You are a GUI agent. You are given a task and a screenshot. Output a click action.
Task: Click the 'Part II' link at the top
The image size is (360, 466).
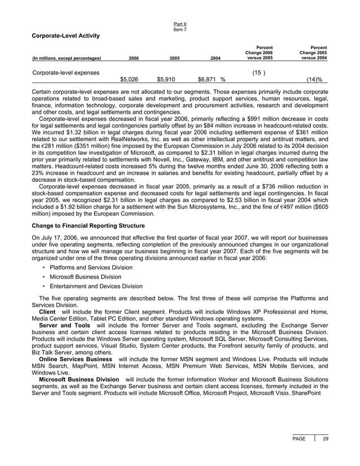coord(181,24)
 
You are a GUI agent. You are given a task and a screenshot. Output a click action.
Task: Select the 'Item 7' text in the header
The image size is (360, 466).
coord(181,29)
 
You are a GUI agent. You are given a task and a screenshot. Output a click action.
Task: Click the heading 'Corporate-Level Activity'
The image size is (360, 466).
coord(65,36)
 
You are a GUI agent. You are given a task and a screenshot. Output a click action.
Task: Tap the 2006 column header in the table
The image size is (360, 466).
coord(134,58)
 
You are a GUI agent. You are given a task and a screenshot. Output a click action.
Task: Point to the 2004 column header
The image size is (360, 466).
coord(216,58)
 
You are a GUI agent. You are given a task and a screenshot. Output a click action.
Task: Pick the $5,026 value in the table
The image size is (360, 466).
coord(129,80)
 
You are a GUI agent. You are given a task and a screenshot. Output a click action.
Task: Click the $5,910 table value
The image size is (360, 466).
coord(166,80)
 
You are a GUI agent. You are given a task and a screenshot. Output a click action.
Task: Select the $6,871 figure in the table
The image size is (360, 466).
coord(207,80)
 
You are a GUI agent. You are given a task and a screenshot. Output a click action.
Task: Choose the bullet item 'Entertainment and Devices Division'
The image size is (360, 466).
coord(95,286)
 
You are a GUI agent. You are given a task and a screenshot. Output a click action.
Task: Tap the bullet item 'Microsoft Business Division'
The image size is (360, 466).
coord(85,277)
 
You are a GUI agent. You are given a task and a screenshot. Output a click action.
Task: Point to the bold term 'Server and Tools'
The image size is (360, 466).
coord(64,326)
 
